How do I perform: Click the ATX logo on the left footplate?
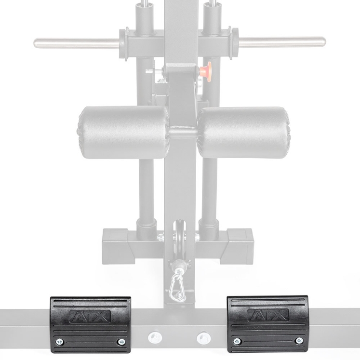90,316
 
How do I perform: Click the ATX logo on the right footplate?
268,315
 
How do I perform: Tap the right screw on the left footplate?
121,342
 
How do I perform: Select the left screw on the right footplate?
237,341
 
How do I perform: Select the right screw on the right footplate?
299,340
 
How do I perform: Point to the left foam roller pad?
123,132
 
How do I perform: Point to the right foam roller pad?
244,133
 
